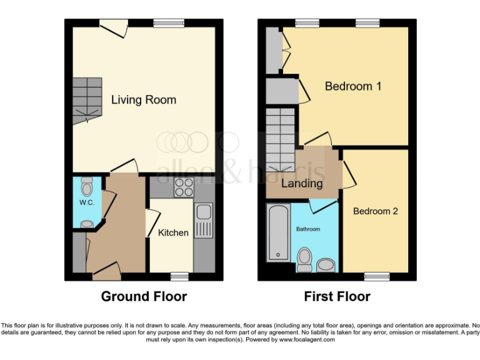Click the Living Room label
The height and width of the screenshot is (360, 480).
click(144, 99)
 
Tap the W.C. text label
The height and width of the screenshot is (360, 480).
click(86, 203)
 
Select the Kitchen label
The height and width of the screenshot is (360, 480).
click(173, 232)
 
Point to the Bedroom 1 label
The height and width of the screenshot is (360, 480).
click(353, 86)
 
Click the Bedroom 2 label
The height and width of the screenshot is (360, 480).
click(375, 211)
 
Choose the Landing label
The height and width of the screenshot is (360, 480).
click(302, 183)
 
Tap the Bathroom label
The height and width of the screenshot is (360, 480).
click(308, 229)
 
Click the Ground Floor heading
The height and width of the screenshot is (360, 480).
click(144, 296)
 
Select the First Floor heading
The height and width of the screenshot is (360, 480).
click(337, 296)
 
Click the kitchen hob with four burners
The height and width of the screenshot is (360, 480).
click(184, 187)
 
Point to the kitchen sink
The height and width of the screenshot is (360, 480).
click(204, 221)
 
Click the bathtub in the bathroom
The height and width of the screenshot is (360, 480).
click(277, 232)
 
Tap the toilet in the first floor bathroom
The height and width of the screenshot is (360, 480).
click(304, 259)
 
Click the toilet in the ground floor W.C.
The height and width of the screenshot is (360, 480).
click(87, 186)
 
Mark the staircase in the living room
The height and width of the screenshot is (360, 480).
click(86, 100)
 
